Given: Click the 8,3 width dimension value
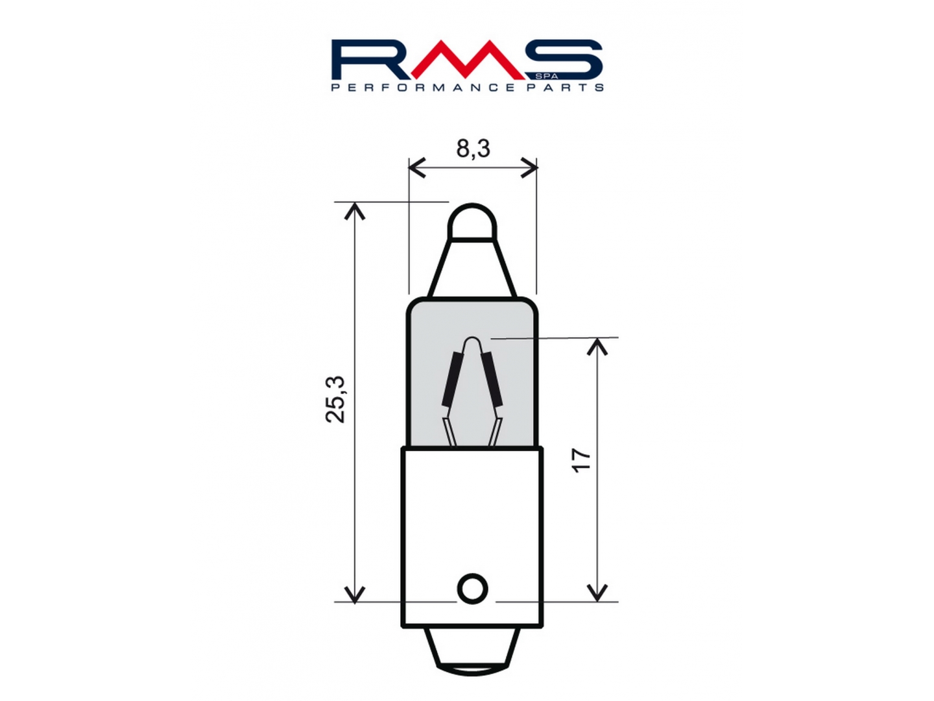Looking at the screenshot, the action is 473,149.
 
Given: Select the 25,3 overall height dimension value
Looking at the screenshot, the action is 335,399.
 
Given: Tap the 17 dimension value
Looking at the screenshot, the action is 581,460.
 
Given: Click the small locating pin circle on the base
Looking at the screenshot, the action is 472,589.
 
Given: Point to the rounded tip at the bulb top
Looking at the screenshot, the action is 472,221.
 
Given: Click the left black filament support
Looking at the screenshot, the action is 451,379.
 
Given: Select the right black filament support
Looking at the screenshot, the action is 492,379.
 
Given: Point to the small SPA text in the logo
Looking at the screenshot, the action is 551,77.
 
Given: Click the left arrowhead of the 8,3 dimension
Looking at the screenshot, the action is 417,167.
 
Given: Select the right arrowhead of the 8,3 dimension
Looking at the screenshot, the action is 529,167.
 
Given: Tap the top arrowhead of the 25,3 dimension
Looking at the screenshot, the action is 354,212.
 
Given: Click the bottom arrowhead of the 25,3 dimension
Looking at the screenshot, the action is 354,594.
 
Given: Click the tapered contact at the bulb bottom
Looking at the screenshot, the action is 472,652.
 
